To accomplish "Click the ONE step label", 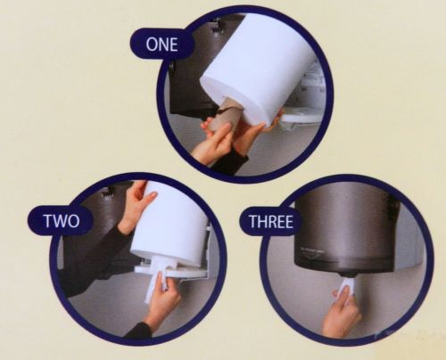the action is [x=161, y=45].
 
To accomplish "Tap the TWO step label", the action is [x=62, y=220].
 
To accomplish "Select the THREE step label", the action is [x=270, y=222].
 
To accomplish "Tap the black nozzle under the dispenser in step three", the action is [x=346, y=274].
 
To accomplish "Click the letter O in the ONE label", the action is [x=152, y=45].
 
